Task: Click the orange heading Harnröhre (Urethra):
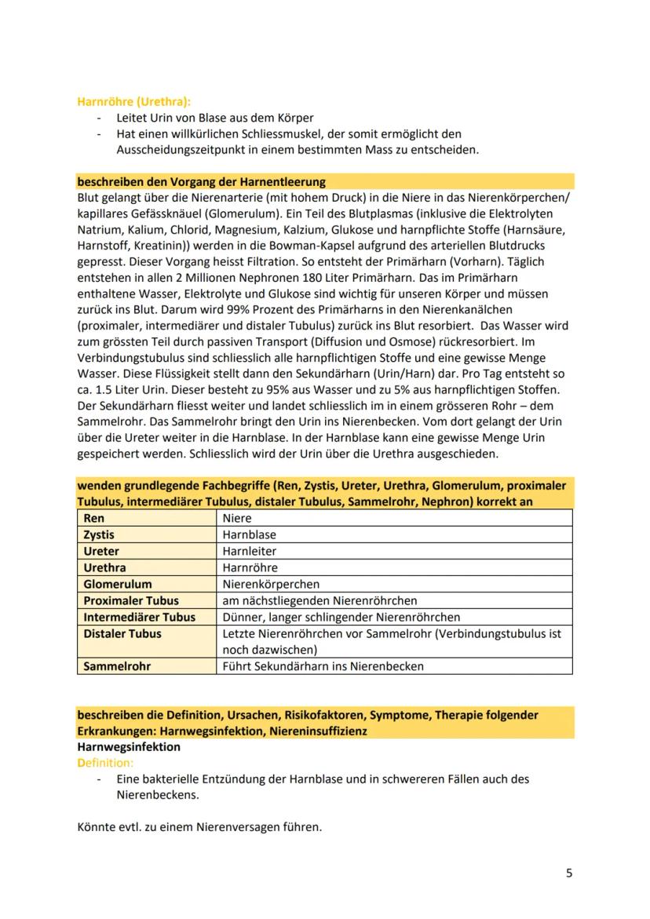(133, 101)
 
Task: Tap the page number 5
(569, 873)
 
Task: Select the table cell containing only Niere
(236, 518)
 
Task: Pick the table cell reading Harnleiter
(250, 551)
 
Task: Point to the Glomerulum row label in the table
(118, 584)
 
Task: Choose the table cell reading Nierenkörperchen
(271, 584)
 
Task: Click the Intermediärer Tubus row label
(139, 617)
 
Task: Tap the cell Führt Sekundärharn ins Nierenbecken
(323, 666)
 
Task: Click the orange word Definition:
(105, 762)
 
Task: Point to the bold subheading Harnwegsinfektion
(129, 746)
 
